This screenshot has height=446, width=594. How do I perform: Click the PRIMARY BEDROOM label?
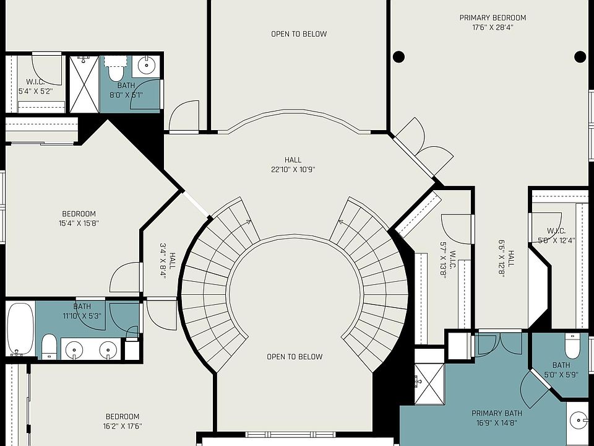point(493,18)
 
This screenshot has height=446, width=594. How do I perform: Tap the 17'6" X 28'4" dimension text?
point(493,27)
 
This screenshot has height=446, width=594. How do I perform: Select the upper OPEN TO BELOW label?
point(299,34)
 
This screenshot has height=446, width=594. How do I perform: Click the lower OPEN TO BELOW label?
point(295,357)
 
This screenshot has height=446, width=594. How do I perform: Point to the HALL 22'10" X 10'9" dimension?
point(293,165)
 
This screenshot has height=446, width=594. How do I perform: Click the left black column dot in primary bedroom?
point(398,57)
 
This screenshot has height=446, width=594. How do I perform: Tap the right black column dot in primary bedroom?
point(580,57)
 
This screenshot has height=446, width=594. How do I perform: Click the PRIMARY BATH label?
point(497,413)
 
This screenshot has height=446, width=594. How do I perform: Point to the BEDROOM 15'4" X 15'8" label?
point(79,219)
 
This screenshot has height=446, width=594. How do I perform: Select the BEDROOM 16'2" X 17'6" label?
point(123,421)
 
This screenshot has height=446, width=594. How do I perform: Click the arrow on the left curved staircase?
point(248,222)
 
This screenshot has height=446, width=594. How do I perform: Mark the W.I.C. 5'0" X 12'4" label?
point(556,235)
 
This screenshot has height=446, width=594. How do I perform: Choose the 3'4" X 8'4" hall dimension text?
point(163,261)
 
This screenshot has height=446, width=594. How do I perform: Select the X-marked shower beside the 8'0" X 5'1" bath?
point(84,84)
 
